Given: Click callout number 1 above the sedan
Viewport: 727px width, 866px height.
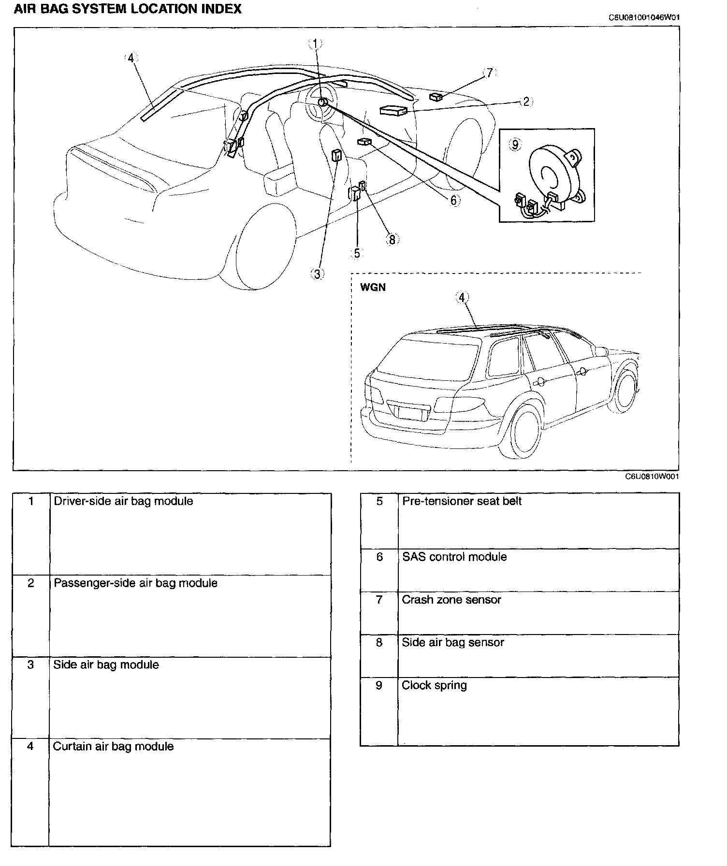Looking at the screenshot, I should coord(315,43).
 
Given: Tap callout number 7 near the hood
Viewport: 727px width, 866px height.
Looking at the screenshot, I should coord(490,72).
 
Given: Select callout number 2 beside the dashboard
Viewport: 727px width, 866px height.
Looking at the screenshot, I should coord(526,101).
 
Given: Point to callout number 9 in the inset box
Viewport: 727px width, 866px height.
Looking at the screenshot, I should coord(515,144).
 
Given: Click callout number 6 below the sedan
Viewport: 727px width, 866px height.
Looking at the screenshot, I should coord(453,200).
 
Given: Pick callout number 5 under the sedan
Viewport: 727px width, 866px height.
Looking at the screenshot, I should coord(357,253).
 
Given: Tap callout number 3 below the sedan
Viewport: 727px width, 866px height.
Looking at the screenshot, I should coord(317,274).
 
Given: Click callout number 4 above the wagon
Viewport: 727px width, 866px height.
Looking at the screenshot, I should coord(463,297).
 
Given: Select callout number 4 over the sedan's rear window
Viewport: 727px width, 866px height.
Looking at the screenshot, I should coord(130,58).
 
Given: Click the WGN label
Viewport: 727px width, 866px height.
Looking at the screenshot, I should coord(373,288).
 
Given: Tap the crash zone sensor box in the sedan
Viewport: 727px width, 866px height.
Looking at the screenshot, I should coord(436,97).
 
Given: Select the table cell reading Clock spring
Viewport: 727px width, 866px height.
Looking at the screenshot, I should coord(434,685).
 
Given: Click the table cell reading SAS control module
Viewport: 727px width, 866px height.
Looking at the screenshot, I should coord(454,557).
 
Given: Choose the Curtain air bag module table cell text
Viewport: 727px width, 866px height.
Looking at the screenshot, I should coord(113,746).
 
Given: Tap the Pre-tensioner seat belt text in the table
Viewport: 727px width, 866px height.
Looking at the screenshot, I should coord(462,501).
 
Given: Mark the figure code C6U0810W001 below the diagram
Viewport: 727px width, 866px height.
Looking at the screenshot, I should coord(653,476).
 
